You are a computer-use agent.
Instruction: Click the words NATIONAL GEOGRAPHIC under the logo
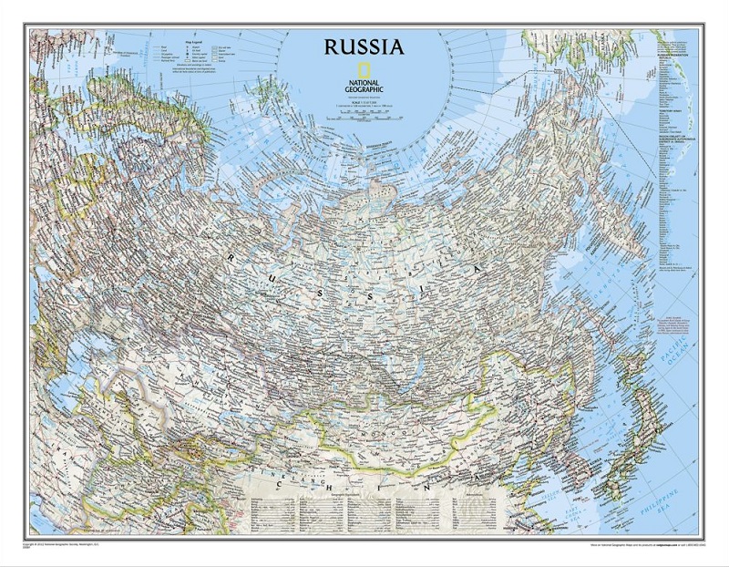364,87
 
